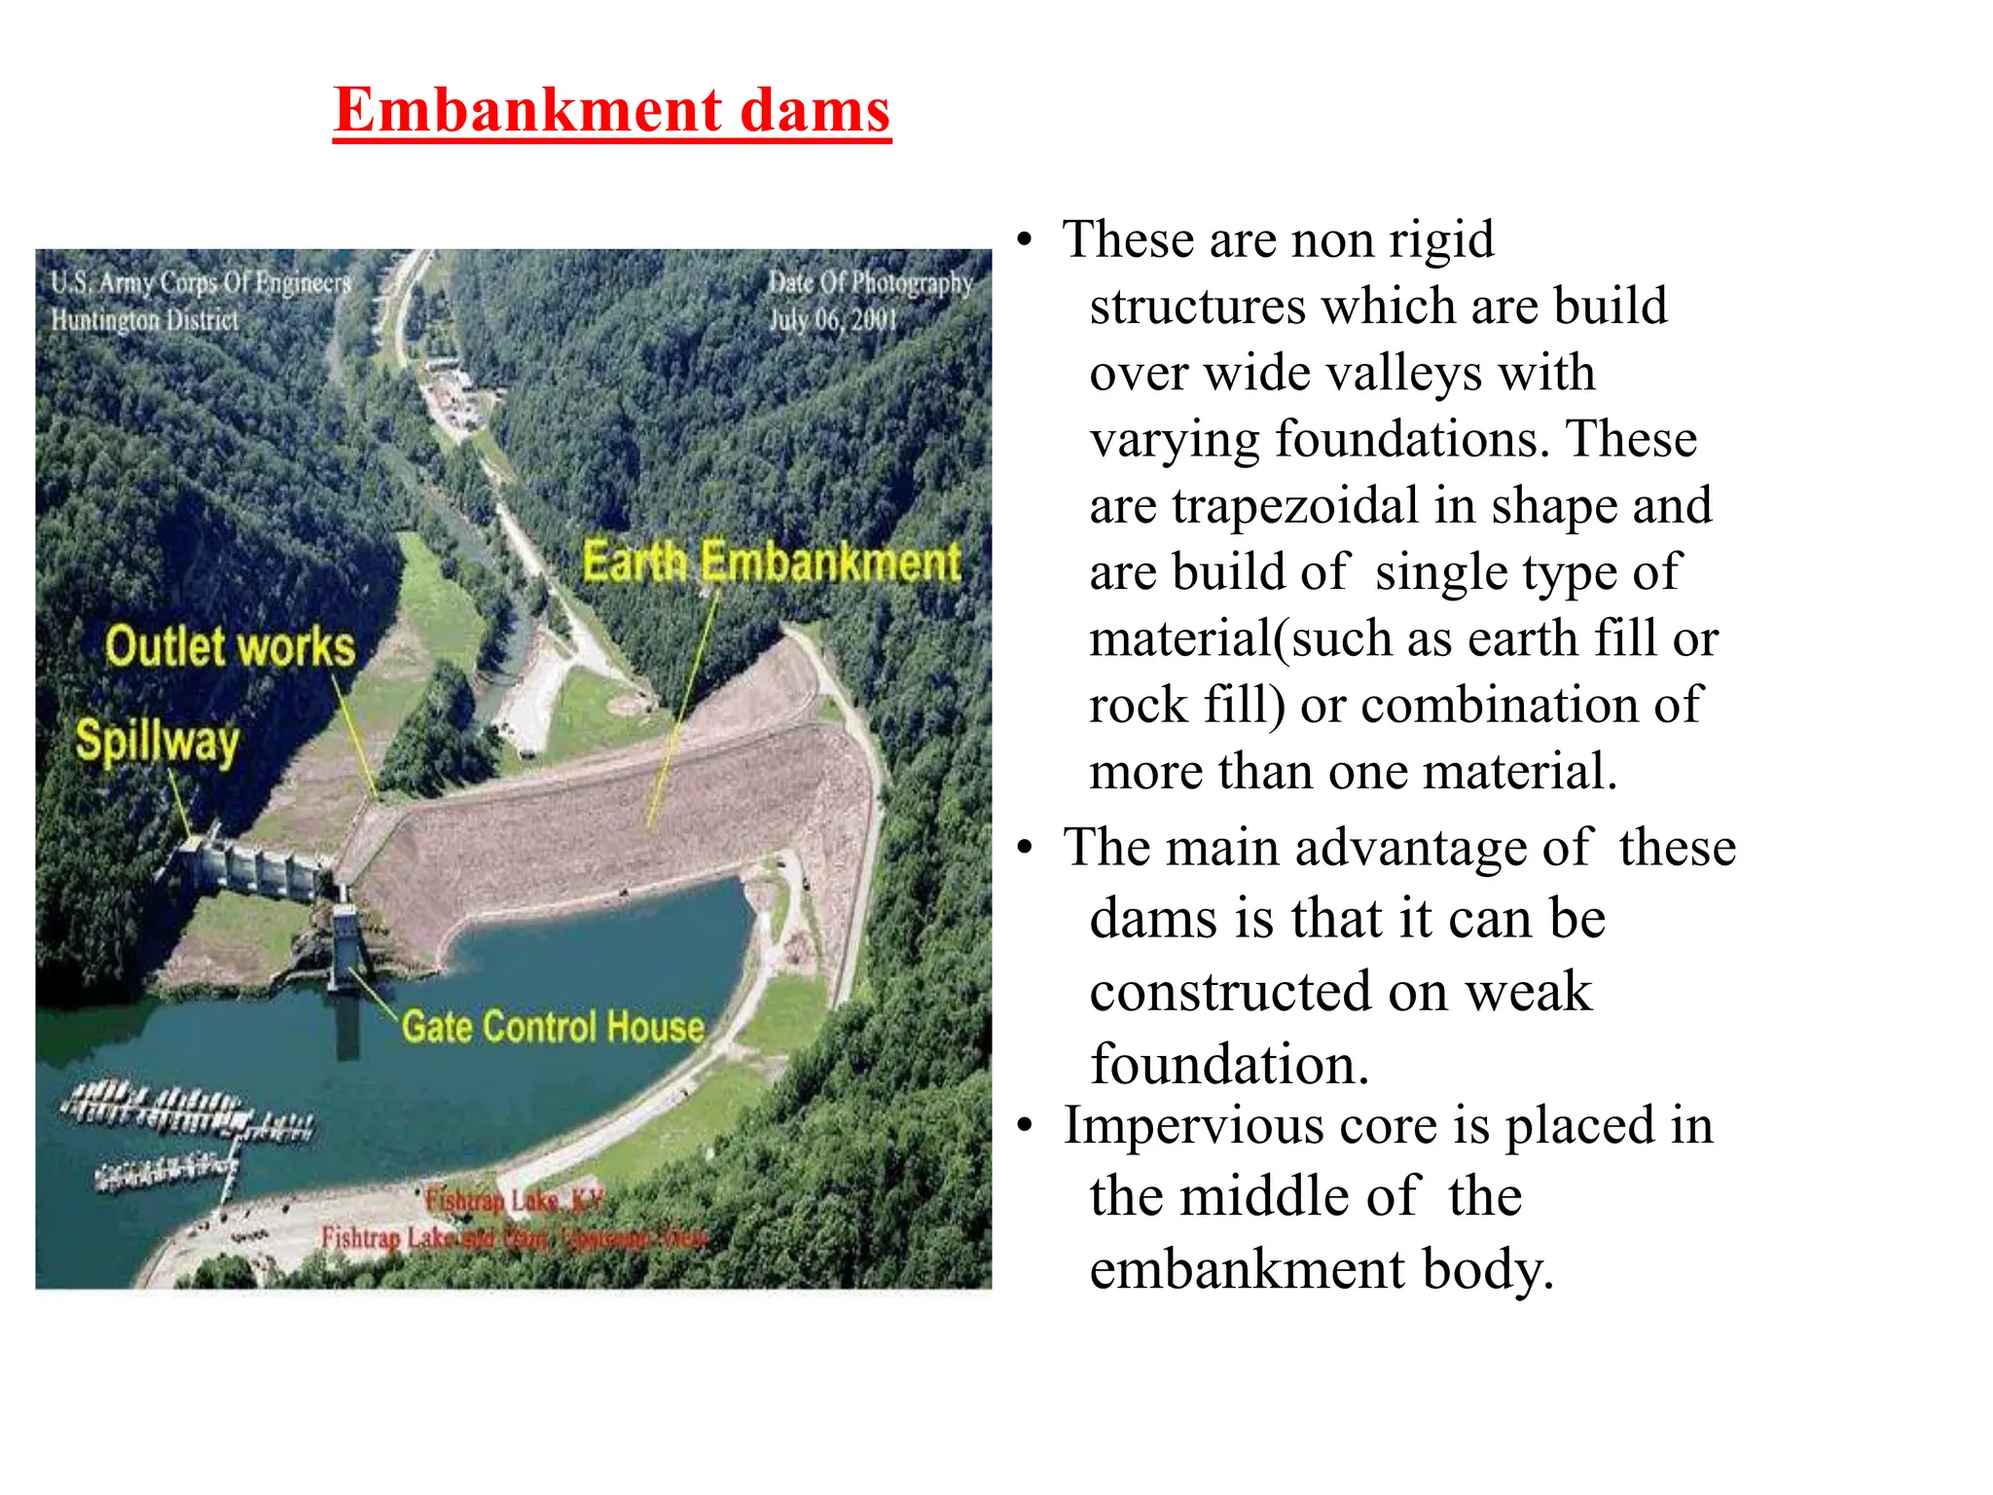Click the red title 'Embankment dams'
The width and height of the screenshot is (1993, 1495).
(611, 110)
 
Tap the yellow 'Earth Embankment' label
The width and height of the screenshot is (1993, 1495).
(771, 563)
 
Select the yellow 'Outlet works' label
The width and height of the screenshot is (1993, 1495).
(231, 647)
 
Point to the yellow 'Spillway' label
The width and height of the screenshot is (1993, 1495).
(157, 742)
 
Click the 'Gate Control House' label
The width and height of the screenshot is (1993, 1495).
(553, 1027)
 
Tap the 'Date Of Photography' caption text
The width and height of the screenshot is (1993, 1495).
(870, 283)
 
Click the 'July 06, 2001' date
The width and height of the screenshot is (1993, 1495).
(833, 319)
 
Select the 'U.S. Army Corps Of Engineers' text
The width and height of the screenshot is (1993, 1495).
(200, 283)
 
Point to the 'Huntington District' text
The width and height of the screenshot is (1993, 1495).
(145, 320)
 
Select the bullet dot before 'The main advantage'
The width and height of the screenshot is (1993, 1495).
(1024, 848)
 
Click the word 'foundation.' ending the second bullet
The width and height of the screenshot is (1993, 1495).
(1229, 1065)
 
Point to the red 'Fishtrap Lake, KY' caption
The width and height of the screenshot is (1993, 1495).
(514, 1200)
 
